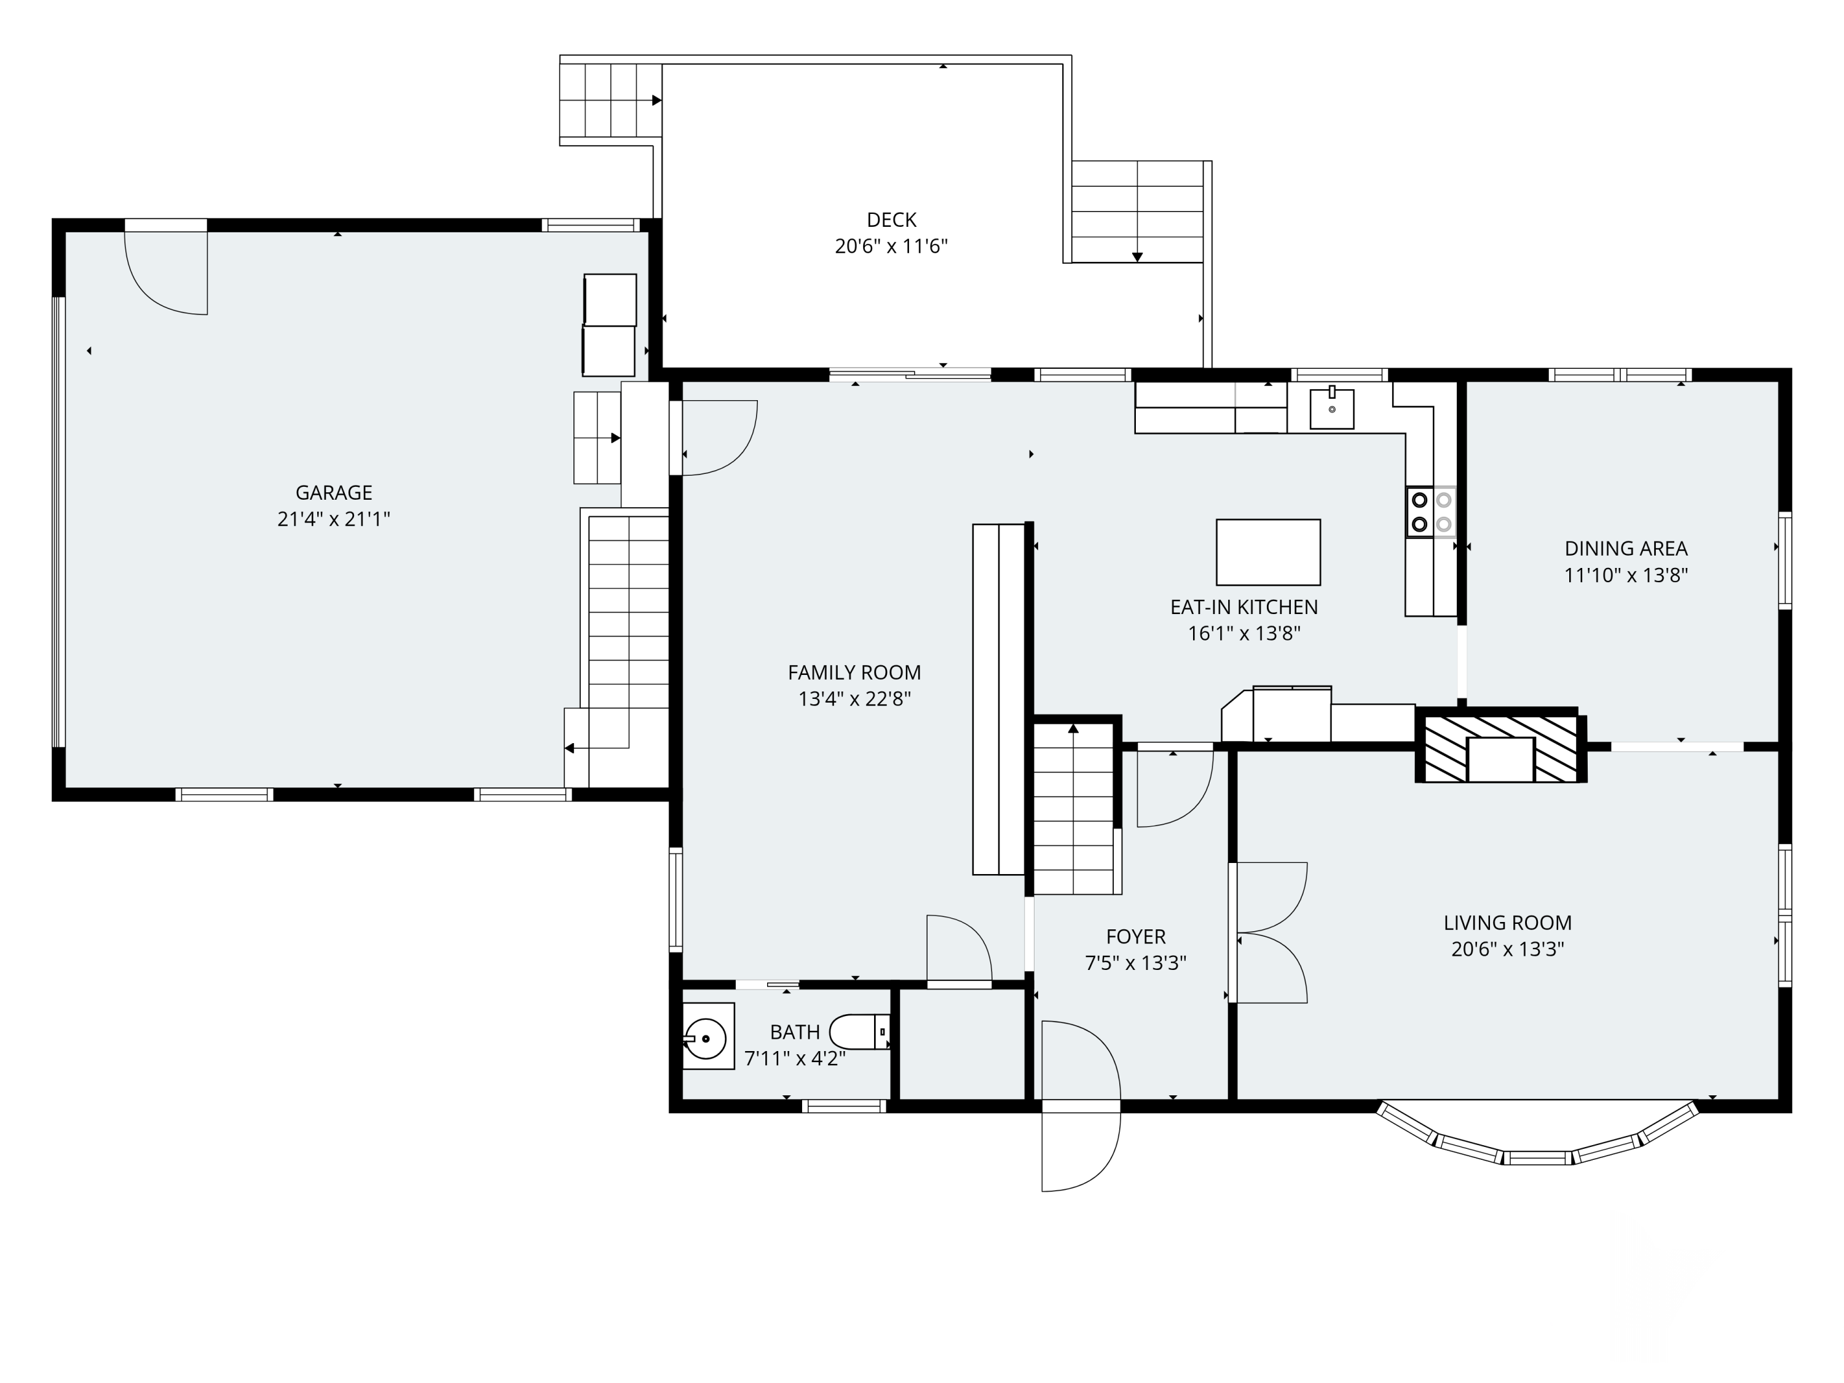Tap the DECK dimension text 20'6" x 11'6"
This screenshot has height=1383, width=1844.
[x=891, y=246]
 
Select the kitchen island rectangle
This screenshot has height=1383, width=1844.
[x=1268, y=552]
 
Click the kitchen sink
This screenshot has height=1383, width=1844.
[x=1331, y=409]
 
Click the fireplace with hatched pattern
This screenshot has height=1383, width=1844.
[x=1500, y=749]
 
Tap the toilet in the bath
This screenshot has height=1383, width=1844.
[x=859, y=1032]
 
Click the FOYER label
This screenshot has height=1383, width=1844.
[x=1135, y=936]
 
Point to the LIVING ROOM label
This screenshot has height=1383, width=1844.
[x=1507, y=923]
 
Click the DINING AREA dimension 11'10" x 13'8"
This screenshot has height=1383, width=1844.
[x=1626, y=575]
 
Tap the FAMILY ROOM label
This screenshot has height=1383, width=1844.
[x=854, y=672]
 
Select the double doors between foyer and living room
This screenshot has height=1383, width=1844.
[x=1269, y=932]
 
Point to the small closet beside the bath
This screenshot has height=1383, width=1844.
[x=962, y=1044]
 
